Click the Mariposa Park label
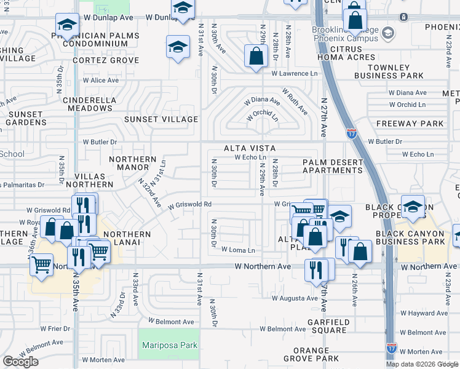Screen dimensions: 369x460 [170, 345]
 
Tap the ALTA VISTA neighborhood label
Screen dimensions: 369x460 [250, 149]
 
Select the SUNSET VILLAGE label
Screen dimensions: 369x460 [161, 119]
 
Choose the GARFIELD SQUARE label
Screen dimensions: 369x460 [320, 325]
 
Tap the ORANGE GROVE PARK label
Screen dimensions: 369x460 [311, 358]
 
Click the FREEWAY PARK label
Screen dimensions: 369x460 [418, 124]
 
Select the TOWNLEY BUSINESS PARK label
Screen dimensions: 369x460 [396, 71]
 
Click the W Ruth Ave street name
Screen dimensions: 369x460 [295, 101]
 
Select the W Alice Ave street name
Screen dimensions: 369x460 [96, 81]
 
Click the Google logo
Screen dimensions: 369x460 [20, 362]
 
